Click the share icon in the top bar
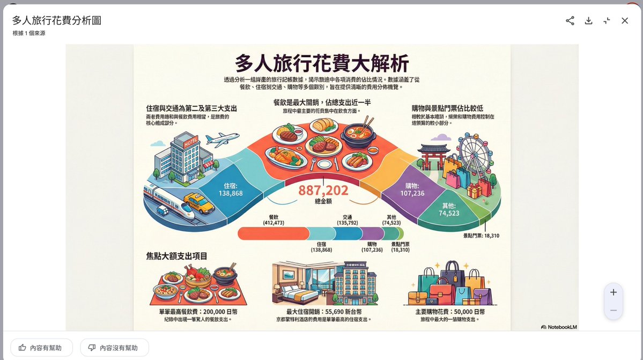pyautogui.click(x=570, y=20)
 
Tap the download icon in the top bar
pyautogui.click(x=588, y=20)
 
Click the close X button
pyautogui.click(x=625, y=20)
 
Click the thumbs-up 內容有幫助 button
pyautogui.click(x=40, y=348)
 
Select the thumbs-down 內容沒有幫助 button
pyautogui.click(x=114, y=348)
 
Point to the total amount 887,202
pyautogui.click(x=323, y=190)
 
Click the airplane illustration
pyautogui.click(x=221, y=139)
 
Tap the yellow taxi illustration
pyautogui.click(x=198, y=204)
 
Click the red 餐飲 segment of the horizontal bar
pyautogui.click(x=273, y=233)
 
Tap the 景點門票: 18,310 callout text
pyautogui.click(x=481, y=235)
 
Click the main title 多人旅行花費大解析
pyautogui.click(x=322, y=63)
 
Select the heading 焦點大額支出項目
pyautogui.click(x=176, y=256)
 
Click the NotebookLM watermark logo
pyautogui.click(x=558, y=326)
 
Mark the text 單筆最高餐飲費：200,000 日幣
pyautogui.click(x=198, y=312)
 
